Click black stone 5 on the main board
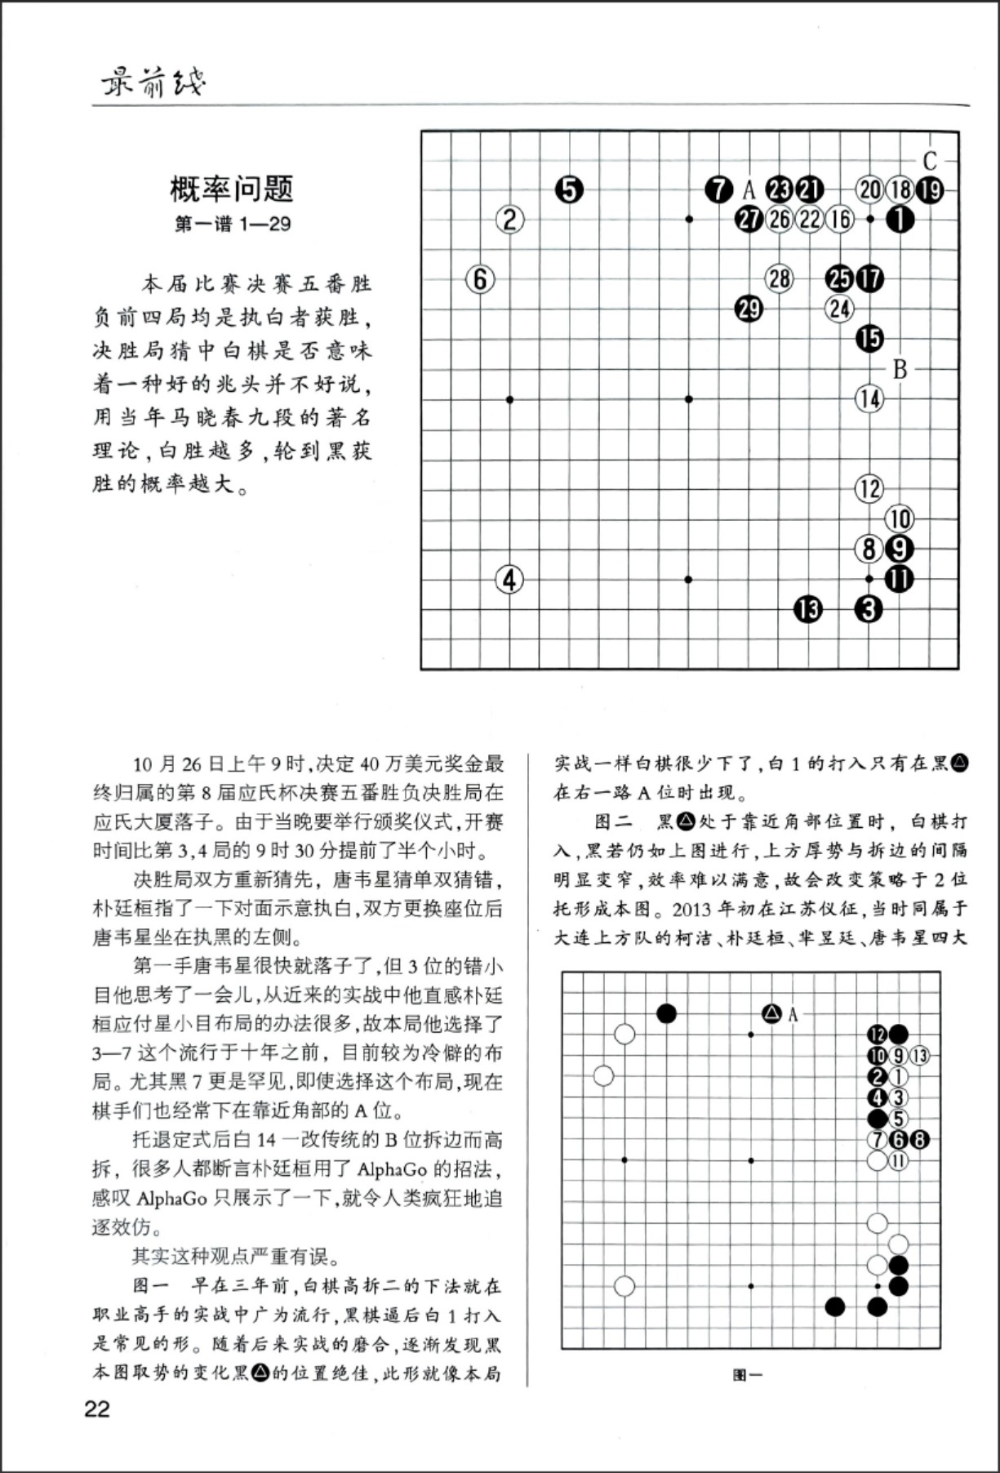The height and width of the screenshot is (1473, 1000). click(569, 190)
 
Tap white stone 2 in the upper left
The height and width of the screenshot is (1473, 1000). click(509, 220)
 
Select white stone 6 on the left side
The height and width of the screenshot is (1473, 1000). click(480, 279)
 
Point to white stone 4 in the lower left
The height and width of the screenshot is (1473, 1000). click(509, 580)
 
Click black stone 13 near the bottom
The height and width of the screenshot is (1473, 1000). click(808, 609)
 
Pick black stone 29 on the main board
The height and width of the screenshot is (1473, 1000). click(749, 309)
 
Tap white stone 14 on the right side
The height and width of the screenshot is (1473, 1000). click(869, 399)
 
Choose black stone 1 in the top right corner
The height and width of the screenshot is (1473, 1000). click(900, 220)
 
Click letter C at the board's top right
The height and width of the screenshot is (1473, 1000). click(929, 161)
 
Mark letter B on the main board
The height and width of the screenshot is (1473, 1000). click(900, 369)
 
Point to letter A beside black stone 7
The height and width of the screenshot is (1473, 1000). click(749, 191)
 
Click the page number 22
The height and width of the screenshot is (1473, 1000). click(97, 1410)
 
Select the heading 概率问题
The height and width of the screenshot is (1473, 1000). click(232, 189)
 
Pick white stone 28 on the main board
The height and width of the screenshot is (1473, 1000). click(779, 279)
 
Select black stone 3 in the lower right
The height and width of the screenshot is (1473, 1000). click(869, 609)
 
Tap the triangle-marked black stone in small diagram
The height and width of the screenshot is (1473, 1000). click(771, 1014)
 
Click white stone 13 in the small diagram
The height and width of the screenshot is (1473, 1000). click(919, 1056)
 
